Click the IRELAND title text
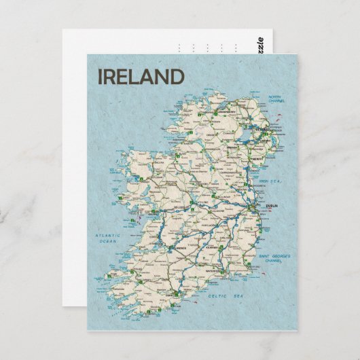coord(141,76)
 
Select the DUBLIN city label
coord(255,203)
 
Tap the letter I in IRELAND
coord(101,76)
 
